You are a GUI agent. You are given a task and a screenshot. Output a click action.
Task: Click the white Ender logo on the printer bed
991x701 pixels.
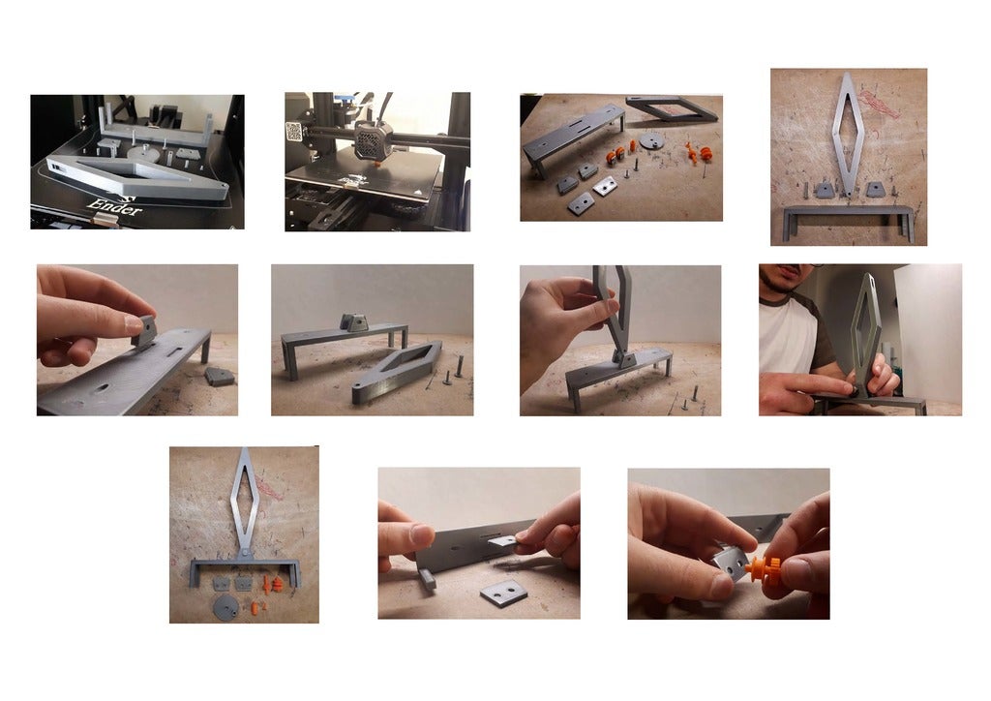[115, 206]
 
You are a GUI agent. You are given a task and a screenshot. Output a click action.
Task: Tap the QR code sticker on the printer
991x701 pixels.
[294, 132]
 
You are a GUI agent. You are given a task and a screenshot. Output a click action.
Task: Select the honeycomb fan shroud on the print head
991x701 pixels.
[373, 139]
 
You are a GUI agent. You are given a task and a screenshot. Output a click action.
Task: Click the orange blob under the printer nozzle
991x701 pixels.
[378, 164]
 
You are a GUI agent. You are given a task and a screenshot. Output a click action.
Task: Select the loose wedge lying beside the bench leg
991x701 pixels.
[220, 377]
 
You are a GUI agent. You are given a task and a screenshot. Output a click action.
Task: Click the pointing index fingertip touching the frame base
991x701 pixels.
[845, 388]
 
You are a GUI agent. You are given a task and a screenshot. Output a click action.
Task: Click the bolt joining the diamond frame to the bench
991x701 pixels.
[244, 554]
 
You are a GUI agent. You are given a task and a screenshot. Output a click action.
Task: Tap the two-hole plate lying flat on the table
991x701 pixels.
[503, 594]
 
